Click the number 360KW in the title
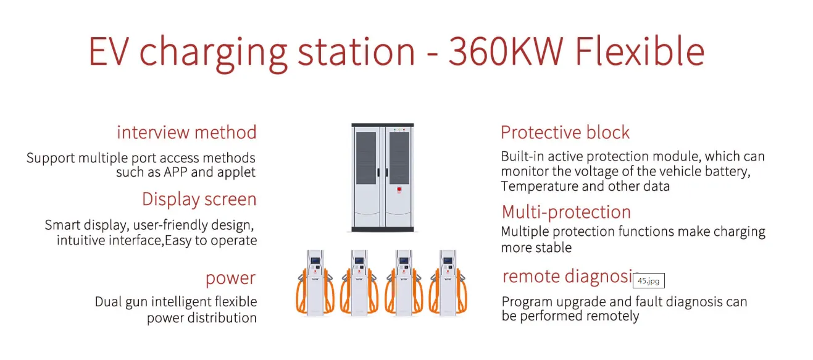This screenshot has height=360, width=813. [506, 51]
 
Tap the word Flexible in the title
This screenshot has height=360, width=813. [640, 51]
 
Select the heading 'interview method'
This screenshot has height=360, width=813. [186, 132]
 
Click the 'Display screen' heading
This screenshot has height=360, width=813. [199, 199]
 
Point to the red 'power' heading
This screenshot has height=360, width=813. [231, 278]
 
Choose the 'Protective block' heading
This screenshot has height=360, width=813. [565, 132]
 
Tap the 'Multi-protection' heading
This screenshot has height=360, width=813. [566, 212]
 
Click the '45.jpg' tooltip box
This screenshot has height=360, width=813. [649, 280]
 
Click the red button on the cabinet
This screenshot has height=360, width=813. [399, 190]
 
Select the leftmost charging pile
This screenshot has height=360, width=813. [315, 282]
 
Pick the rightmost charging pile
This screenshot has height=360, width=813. [448, 282]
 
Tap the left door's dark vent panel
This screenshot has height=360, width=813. [366, 158]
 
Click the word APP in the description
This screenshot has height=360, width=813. [175, 172]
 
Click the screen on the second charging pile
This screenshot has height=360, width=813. [359, 260]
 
